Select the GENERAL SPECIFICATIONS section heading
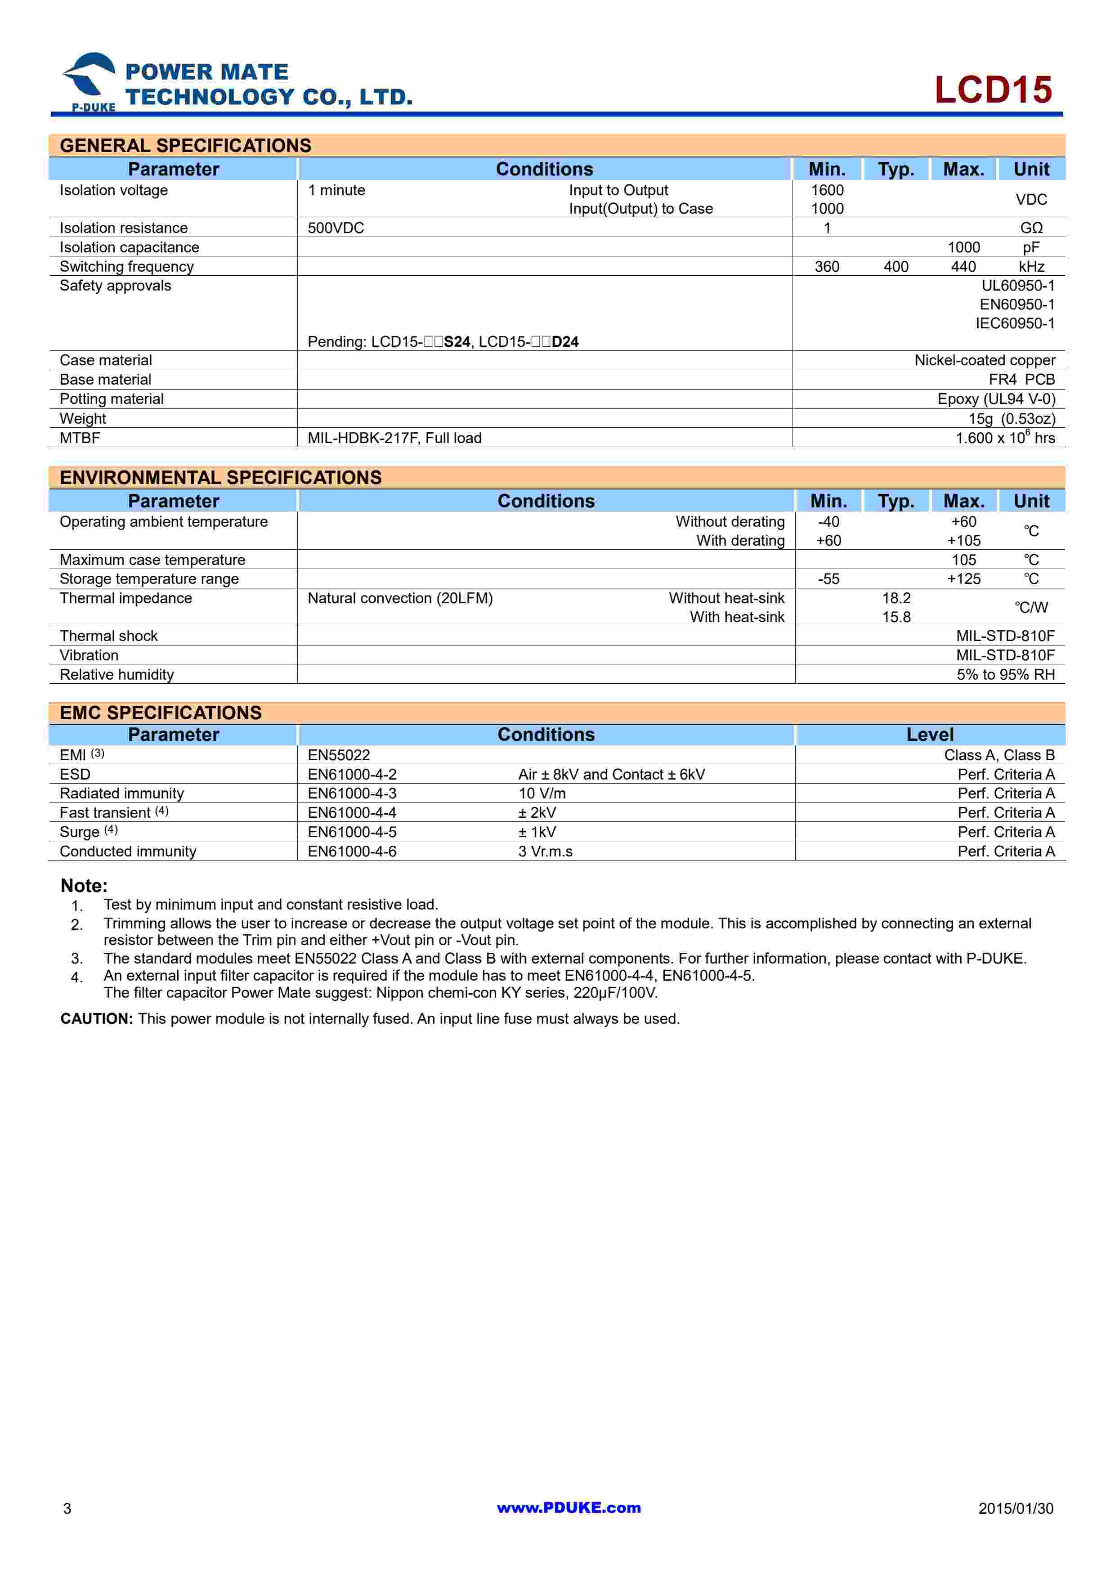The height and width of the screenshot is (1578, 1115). point(185,146)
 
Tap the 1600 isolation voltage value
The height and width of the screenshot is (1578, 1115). point(827,190)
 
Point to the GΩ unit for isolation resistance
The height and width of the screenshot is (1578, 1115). point(1031,228)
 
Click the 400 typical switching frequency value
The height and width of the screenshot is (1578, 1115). point(896,267)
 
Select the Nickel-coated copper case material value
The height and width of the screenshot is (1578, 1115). point(985,360)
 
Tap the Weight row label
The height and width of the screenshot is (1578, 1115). point(83,418)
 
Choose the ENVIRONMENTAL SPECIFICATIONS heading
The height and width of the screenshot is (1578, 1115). point(220,478)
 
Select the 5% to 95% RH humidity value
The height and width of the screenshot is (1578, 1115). point(1005,674)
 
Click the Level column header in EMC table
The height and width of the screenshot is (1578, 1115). point(930,735)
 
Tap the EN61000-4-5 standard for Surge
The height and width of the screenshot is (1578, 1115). point(352,832)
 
